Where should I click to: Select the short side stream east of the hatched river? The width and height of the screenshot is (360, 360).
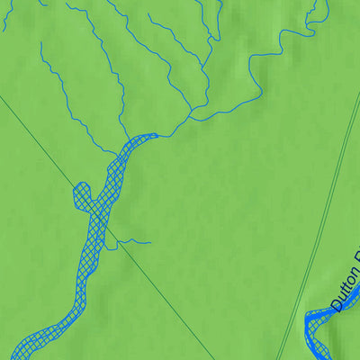(x=135, y=241)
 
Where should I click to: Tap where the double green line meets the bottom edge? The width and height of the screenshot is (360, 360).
(x=278, y=358)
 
